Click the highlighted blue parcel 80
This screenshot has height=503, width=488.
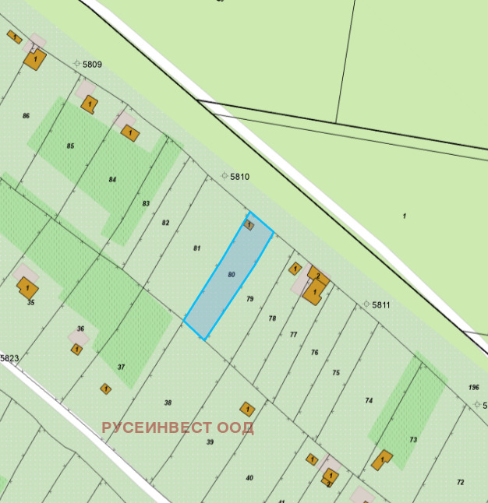coord(228,276)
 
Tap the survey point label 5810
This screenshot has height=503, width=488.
coord(239,177)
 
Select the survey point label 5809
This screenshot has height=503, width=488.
coord(92,64)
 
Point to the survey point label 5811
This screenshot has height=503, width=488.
coord(380,304)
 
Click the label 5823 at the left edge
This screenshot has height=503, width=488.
coord(9,358)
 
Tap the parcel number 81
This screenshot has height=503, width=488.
coord(197,248)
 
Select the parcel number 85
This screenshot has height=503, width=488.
coord(70,146)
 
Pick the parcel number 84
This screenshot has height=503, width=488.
coord(112,179)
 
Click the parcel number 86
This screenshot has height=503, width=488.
coord(27,115)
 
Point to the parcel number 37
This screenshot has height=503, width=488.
coord(121,367)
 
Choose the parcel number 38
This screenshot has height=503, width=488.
coord(168,403)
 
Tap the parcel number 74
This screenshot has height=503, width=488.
coord(369,400)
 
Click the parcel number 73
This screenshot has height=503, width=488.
coord(413,440)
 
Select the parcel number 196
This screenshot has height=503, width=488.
coord(474,387)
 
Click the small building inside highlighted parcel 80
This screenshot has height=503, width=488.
coord(249,224)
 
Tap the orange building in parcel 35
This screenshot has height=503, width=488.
coord(28,287)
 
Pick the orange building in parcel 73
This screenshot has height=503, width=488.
coord(382,459)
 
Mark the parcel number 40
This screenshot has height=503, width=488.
coord(249,477)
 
